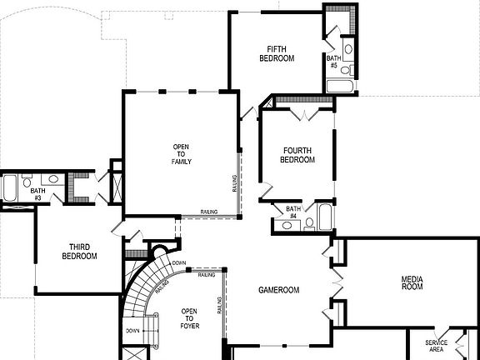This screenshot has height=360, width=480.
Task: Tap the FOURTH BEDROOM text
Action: (297, 155)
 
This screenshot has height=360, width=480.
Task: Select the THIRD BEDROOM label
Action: (79, 252)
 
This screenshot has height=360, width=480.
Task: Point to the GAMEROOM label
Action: (278, 290)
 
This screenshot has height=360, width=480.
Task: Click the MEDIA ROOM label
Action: (412, 283)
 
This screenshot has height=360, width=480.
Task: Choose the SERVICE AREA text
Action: (436, 347)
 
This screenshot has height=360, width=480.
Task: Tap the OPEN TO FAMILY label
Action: (181, 154)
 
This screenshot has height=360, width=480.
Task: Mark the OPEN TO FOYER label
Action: (189, 318)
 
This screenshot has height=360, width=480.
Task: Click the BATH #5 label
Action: (332, 61)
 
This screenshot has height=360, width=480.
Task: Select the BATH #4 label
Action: (293, 213)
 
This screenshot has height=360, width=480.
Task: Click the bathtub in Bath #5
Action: (340, 85)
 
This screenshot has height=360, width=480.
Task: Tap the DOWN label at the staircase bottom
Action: (133, 330)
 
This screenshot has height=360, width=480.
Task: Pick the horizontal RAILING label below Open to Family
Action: (209, 212)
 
